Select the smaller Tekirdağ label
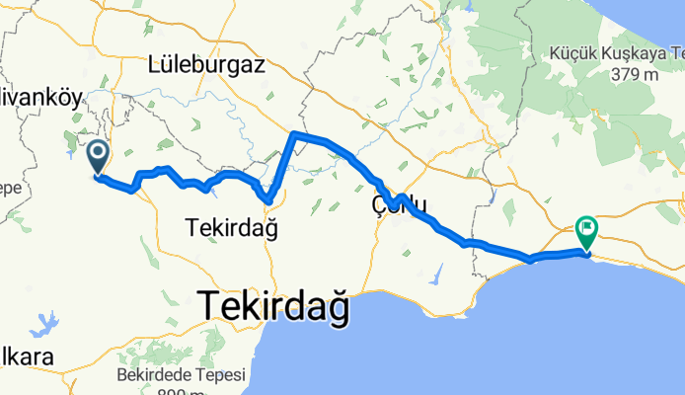pyautogui.click(x=231, y=228)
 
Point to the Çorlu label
pyautogui.click(x=399, y=204)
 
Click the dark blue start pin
pyautogui.click(x=99, y=156)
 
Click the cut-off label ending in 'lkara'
pyautogui.click(x=18, y=356)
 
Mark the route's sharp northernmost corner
pyautogui.click(x=294, y=132)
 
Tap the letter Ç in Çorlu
pyautogui.click(x=379, y=204)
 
